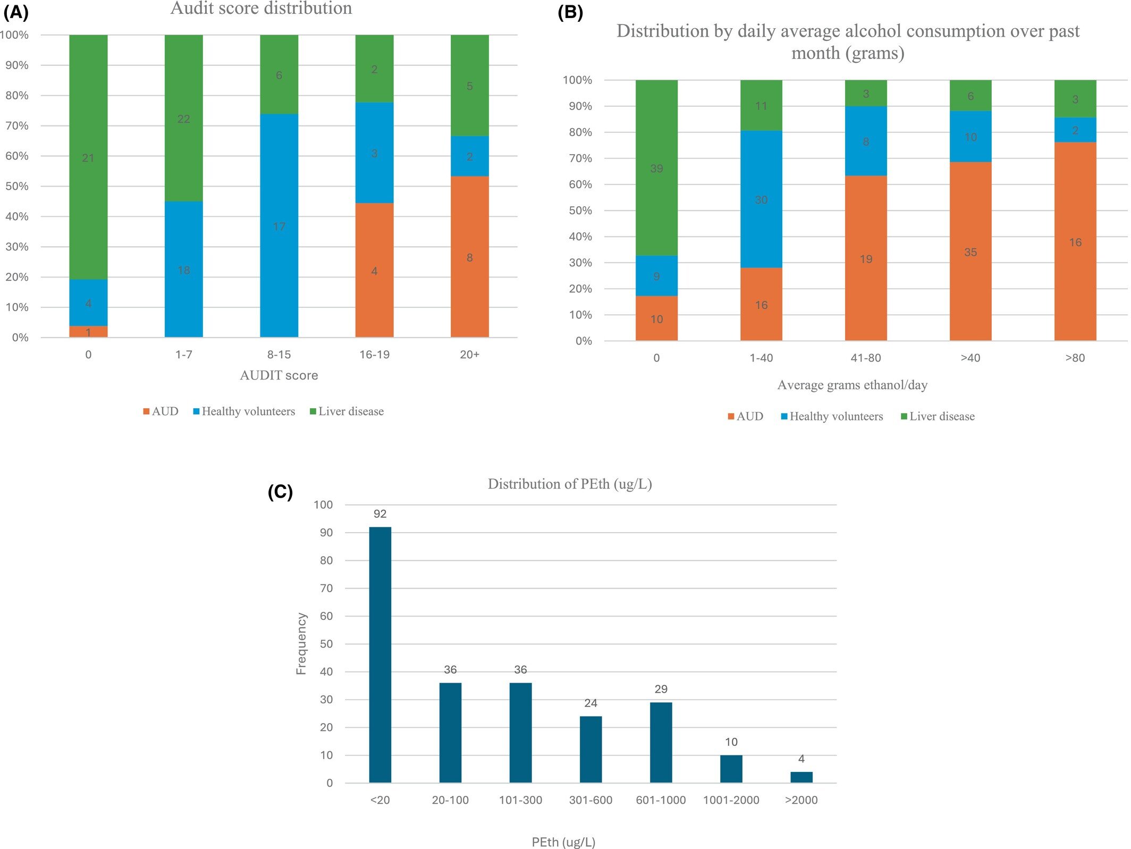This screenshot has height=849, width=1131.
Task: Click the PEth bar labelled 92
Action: point(380,654)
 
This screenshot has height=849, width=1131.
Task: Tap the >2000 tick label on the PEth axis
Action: point(801,800)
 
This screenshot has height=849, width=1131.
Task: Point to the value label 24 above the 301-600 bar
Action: point(590,703)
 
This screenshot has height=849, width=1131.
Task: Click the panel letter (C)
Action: point(280,492)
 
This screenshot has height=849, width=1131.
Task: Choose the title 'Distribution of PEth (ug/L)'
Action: point(569,484)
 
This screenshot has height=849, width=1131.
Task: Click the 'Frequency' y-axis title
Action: point(301,644)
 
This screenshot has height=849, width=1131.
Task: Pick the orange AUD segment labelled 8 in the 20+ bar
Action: point(470,257)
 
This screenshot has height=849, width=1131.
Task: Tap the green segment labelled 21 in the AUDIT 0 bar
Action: point(88,157)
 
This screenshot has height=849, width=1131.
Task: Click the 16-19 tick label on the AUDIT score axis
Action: point(374,355)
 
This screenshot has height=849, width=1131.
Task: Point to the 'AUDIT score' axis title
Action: point(278,375)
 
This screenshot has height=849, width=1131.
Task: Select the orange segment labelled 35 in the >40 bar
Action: point(970,251)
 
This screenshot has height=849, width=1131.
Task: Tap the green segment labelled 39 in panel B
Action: point(656,168)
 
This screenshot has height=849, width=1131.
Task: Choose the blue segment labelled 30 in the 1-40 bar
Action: point(761,199)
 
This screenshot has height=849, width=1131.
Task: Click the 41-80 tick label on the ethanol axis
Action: point(866,358)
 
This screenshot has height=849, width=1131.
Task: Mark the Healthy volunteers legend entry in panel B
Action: point(832,416)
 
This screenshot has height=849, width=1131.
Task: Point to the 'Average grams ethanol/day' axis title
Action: point(852,385)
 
